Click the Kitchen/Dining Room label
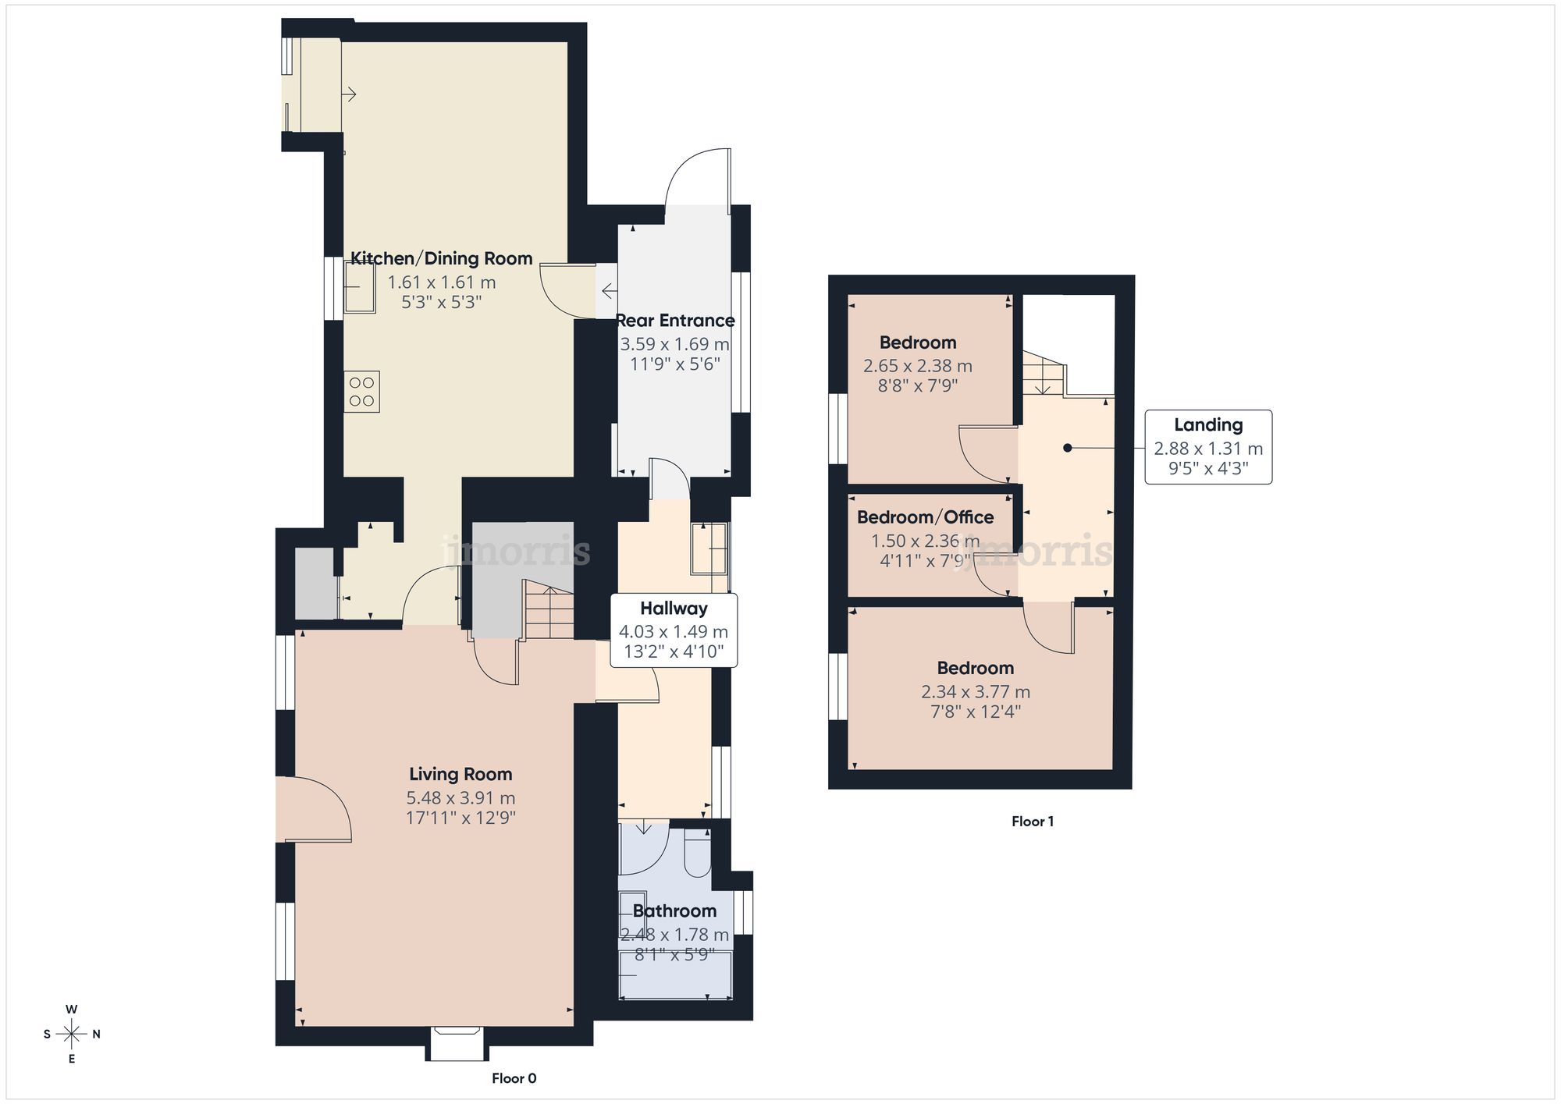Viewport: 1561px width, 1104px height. click(x=441, y=258)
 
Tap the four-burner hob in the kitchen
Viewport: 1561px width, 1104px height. click(x=362, y=392)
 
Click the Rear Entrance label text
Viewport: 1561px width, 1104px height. click(x=675, y=321)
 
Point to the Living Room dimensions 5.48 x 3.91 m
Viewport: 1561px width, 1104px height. click(x=460, y=798)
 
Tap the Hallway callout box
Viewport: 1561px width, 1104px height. click(x=674, y=630)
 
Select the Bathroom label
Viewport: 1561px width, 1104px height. click(x=674, y=911)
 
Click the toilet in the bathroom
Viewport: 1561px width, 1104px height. click(x=697, y=854)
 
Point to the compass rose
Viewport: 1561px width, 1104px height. click(x=72, y=1035)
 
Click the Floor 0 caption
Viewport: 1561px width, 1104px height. click(x=514, y=1078)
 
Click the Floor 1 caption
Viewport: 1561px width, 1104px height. click(x=1033, y=821)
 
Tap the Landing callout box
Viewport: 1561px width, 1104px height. click(x=1208, y=447)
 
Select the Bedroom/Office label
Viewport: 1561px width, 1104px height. click(x=925, y=517)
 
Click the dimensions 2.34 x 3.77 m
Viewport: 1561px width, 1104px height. click(x=976, y=692)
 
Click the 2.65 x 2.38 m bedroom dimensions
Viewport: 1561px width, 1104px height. click(x=918, y=366)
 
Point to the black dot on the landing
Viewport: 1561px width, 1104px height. click(x=1067, y=448)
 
